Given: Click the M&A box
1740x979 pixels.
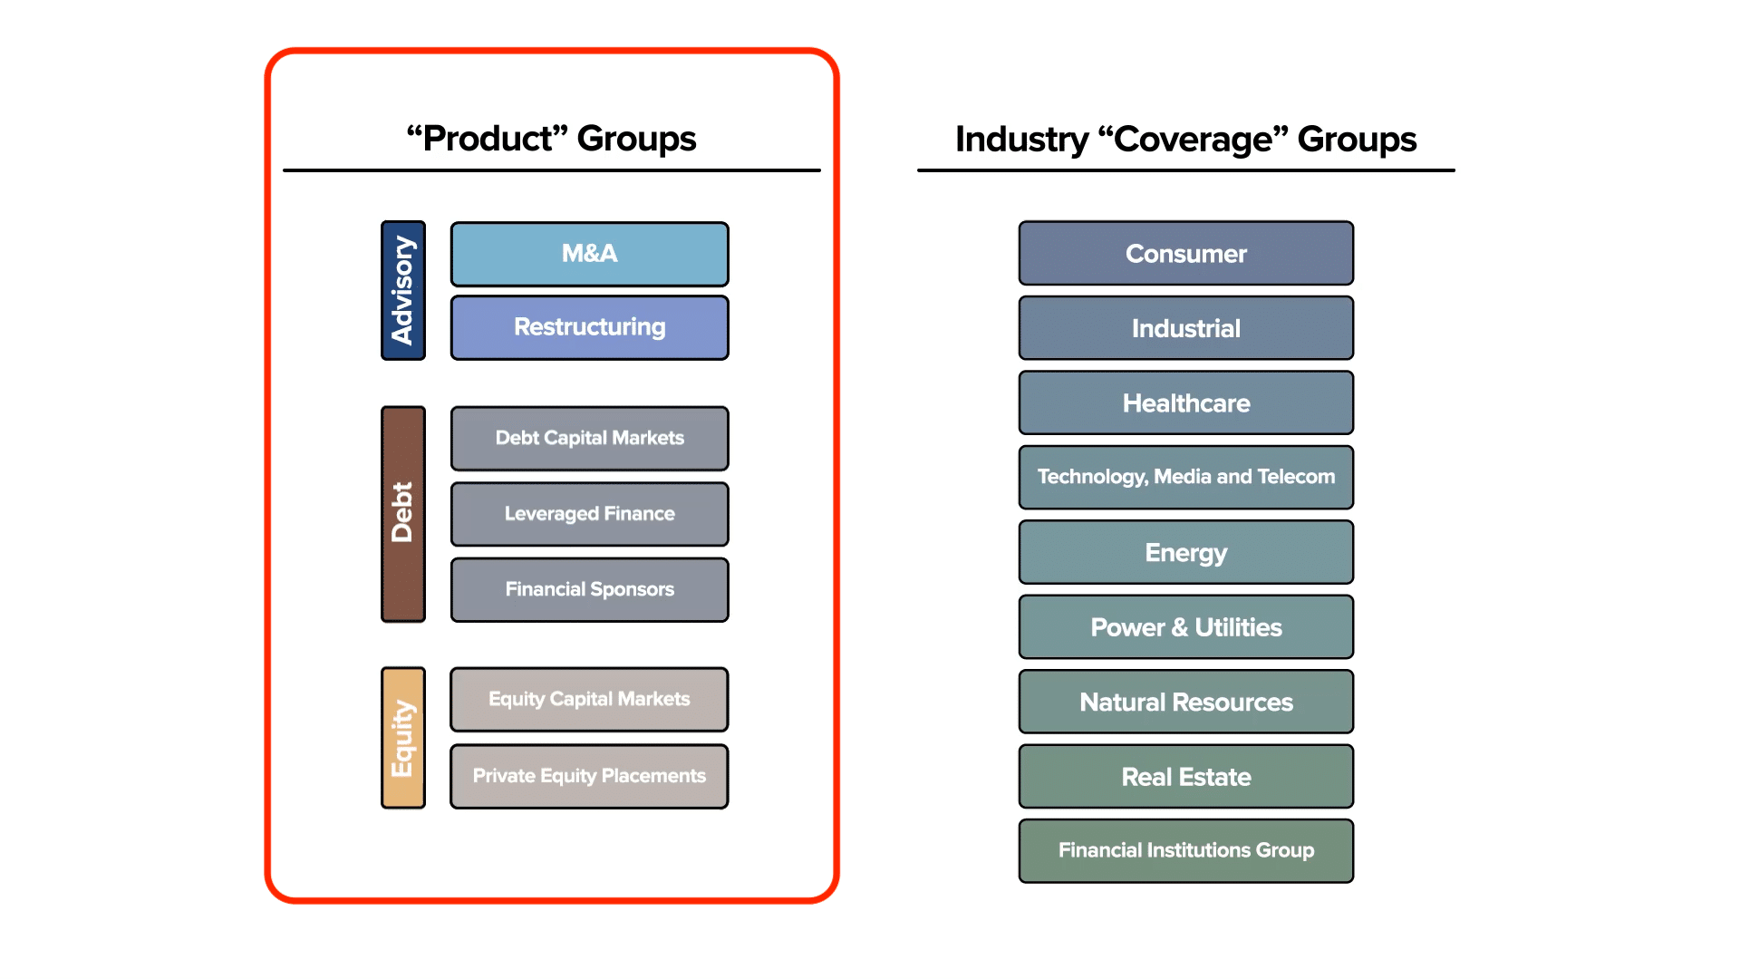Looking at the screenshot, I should click(x=589, y=254).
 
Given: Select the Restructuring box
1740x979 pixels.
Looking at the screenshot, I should click(x=589, y=327).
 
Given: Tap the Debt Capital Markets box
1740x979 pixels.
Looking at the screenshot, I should click(x=589, y=438).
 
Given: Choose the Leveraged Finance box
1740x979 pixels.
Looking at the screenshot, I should click(x=589, y=514).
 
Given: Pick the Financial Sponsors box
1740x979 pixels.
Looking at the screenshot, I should click(x=589, y=589).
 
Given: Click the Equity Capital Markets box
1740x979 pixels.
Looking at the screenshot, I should click(x=589, y=699).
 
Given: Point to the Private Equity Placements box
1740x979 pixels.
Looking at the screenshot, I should click(x=589, y=776).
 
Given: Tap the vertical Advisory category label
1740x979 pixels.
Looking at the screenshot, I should click(x=403, y=290).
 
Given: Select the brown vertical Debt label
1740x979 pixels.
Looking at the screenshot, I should click(x=403, y=513).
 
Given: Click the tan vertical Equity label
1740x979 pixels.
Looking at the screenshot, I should click(x=403, y=738).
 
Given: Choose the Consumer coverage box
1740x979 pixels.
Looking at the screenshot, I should click(x=1185, y=254).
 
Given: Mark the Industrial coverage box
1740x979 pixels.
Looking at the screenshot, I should click(x=1185, y=328).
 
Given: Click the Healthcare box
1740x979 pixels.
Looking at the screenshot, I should click(x=1185, y=403).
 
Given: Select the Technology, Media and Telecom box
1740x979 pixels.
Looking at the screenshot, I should click(x=1185, y=477).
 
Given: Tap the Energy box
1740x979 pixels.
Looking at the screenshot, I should click(x=1185, y=552).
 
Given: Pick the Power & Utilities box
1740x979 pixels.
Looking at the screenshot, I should click(x=1185, y=627).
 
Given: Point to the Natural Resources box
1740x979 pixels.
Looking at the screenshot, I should click(x=1185, y=702).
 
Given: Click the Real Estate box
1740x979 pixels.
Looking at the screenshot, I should click(x=1185, y=777).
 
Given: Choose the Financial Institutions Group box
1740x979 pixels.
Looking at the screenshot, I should click(x=1185, y=850).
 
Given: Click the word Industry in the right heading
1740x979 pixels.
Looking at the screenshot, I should click(x=1021, y=140).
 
